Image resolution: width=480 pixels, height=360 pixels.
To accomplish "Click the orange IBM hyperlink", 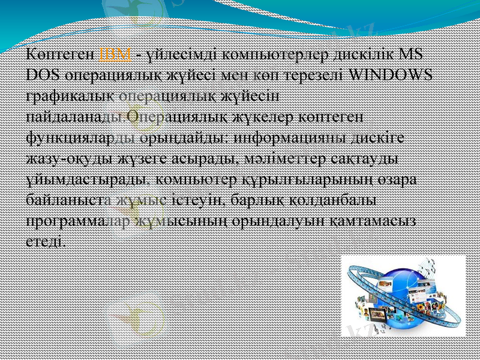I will pyautogui.click(x=114, y=55).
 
